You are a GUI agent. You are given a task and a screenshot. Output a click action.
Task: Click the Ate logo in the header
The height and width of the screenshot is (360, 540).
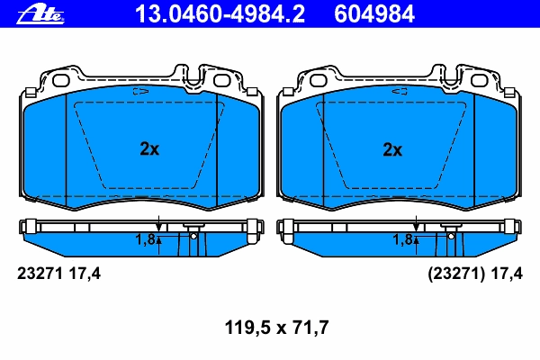40,14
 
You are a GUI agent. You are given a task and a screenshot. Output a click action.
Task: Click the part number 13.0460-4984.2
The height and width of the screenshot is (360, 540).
220,14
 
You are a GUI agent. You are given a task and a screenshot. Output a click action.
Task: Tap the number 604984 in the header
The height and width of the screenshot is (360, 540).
374,14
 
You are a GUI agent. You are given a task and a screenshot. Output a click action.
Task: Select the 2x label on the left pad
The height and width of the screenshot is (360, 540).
149,148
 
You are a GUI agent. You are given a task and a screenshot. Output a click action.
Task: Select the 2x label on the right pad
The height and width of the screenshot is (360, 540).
392,150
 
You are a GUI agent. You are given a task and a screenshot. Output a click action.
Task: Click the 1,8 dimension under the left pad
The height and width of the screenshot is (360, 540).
145,239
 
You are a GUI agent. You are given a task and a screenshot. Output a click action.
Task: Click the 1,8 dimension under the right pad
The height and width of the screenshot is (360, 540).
402,239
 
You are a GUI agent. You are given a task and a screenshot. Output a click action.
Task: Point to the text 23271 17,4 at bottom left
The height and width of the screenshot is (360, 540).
58,274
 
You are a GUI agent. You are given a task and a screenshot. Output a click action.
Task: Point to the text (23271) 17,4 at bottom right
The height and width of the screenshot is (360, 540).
475,274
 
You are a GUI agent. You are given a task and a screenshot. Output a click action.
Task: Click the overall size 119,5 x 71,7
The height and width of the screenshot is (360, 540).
276,328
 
